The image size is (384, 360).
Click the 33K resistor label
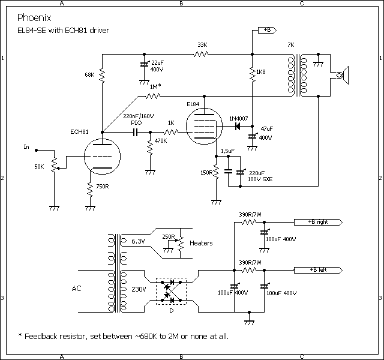[x=202, y=45]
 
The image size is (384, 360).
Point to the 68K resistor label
[x=89, y=76]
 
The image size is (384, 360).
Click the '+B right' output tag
[x=319, y=222]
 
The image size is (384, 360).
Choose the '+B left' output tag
[x=317, y=269]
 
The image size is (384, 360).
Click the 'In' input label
[x=26, y=146]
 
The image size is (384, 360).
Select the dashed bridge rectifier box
[x=172, y=290]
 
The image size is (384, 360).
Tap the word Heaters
[x=202, y=243]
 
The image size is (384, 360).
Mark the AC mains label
[x=76, y=289]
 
